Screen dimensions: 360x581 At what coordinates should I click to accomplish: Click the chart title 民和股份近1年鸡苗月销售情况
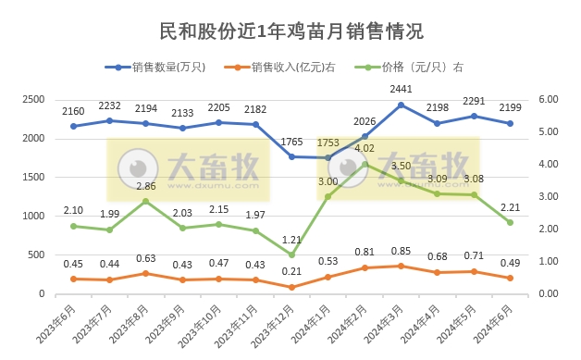point(291,31)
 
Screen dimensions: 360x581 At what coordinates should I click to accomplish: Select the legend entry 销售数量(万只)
point(166,67)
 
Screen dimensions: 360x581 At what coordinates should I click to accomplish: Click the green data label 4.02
point(365,148)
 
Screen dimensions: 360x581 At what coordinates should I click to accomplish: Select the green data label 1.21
point(292,240)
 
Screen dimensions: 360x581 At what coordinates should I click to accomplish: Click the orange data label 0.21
point(292,272)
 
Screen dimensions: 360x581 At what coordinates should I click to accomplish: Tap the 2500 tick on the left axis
point(33,99)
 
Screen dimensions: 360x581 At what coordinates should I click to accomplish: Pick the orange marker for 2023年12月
point(292,287)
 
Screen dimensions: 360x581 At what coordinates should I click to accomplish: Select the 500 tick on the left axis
point(37,254)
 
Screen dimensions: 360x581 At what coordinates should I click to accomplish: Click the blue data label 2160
point(73,112)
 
